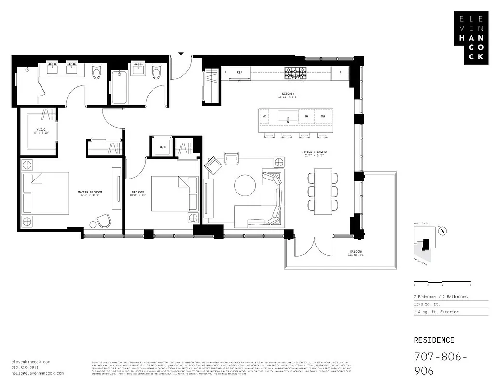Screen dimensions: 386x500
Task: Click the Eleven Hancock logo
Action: click(471, 38)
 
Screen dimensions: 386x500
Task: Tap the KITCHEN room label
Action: click(289, 94)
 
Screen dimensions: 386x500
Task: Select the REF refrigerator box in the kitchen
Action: click(239, 72)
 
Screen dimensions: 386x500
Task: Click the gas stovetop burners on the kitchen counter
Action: click(295, 72)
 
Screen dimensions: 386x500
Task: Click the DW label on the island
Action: click(306, 116)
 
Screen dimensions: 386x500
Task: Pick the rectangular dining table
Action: click(322, 191)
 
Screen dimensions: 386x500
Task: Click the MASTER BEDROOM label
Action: click(90, 192)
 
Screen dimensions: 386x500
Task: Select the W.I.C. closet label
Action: click(42, 129)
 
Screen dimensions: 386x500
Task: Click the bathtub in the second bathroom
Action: click(118, 88)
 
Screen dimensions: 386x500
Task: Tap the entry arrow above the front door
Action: click(181, 53)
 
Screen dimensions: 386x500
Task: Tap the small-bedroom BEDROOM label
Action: click(138, 192)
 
